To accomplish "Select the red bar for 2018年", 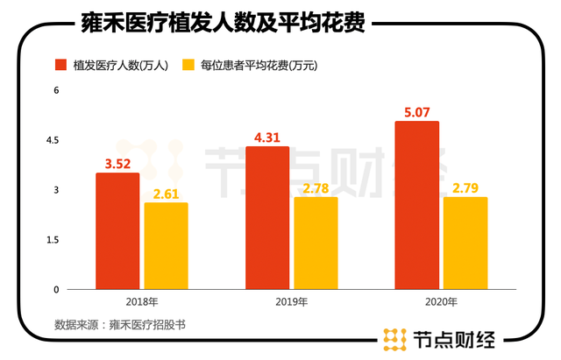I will [117, 230].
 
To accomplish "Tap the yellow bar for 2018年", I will [166, 245].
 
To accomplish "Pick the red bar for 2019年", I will [267, 217].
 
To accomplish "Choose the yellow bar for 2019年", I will [316, 243].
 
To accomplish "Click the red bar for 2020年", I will [416, 205].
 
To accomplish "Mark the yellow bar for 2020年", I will [465, 243].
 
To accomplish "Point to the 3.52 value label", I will [117, 163].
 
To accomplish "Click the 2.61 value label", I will [166, 193].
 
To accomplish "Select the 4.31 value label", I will [267, 137].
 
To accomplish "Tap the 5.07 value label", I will [416, 111].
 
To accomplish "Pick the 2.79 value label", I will [465, 187].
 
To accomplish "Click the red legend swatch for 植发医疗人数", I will [61, 65].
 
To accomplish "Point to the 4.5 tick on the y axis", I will [53, 140].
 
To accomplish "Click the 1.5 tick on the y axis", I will [53, 239].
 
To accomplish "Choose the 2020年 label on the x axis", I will [440, 302].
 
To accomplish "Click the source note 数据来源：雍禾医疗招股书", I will [120, 324].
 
